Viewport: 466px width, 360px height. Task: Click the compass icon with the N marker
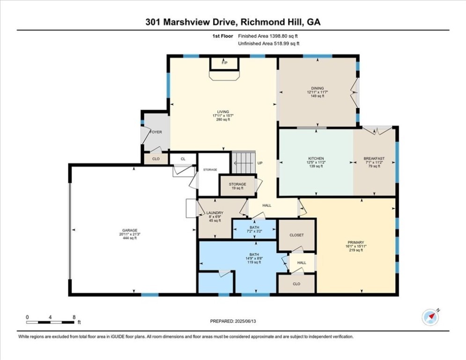[x=430, y=317]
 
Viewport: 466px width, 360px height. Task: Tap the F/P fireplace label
[x=224, y=63]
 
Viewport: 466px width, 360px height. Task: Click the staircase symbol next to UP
[x=244, y=163]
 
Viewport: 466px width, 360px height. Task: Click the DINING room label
[x=317, y=88]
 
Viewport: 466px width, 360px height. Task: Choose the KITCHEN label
[x=316, y=158]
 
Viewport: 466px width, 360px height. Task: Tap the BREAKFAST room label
[x=374, y=158]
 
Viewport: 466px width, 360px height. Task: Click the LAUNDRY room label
[x=216, y=213]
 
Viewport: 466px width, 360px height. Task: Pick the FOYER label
[x=155, y=132]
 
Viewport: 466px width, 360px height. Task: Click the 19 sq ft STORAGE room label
[x=237, y=184]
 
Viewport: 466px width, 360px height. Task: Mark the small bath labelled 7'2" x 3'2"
[x=254, y=229]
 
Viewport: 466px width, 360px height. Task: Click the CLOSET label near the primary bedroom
[x=296, y=235]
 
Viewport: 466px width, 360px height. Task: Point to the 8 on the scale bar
[x=74, y=317]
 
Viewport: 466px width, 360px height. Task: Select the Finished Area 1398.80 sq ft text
[x=268, y=36]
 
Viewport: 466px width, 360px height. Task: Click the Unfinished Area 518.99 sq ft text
[x=268, y=44]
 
